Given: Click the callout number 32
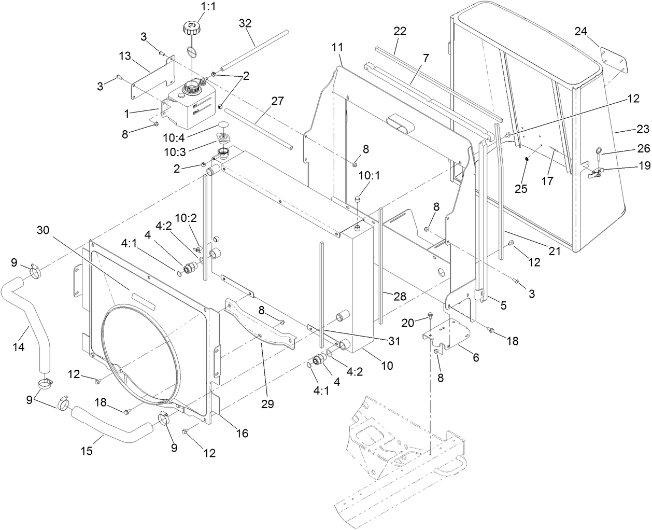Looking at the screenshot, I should (245, 23).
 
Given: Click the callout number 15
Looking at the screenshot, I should (87, 451).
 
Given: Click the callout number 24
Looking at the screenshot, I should (580, 31).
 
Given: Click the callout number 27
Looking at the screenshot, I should (277, 101).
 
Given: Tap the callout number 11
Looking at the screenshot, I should (337, 47).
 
